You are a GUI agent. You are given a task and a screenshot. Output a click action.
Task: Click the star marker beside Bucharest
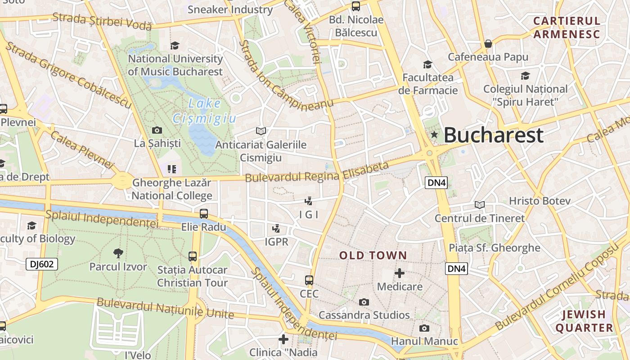434,135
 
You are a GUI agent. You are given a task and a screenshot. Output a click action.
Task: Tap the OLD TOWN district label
373,256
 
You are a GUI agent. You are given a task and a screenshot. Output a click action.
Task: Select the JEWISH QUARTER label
584,321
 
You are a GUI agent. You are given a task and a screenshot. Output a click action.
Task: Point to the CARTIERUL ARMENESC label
567,27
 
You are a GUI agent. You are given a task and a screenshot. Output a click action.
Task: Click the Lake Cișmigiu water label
204,111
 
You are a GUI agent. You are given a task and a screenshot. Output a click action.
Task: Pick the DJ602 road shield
42,264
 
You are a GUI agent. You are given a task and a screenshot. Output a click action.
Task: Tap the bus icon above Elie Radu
204,213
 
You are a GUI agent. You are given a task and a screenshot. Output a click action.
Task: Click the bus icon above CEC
309,280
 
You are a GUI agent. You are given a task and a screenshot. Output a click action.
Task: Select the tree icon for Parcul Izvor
118,253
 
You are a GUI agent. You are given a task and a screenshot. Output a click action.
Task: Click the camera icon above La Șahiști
157,130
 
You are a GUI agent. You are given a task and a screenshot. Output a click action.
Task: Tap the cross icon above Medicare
399,273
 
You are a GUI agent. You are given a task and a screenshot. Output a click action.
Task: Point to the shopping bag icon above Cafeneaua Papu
488,44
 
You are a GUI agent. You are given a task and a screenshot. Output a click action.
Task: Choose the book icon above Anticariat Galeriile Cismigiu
261,131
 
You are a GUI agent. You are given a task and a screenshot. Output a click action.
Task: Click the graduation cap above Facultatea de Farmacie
427,64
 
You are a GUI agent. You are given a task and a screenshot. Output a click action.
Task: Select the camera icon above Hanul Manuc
424,328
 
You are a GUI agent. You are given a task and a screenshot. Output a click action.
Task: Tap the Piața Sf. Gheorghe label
495,247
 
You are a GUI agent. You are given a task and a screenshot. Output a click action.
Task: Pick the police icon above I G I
309,201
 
